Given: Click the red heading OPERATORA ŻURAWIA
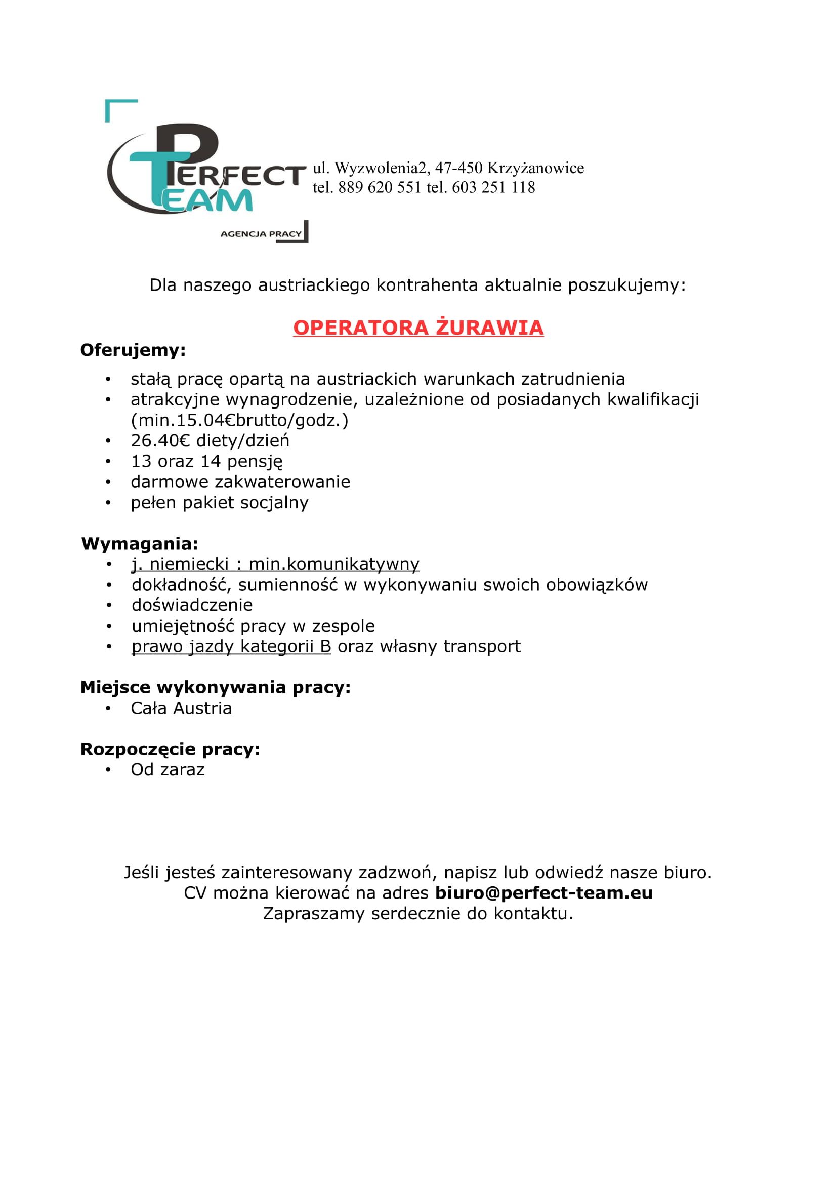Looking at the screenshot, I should tap(418, 328).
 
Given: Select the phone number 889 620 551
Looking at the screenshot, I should tap(380, 187).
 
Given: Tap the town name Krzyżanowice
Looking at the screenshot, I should tap(535, 168).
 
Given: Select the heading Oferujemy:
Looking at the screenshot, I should tap(133, 351).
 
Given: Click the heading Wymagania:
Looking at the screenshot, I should tap(140, 544).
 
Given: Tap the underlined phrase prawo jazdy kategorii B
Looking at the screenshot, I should tap(231, 646).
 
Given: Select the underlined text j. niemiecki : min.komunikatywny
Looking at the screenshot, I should tap(276, 564).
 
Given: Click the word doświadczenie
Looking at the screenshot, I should tap(192, 605).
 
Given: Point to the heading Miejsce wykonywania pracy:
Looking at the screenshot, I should tap(216, 687).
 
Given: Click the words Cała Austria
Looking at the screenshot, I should tap(182, 708).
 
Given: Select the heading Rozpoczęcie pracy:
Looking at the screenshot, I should tap(170, 749).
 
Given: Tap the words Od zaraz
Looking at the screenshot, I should tap(168, 769).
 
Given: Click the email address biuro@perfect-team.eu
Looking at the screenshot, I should tap(543, 892).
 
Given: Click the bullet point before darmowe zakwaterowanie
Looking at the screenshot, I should tap(108, 482).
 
